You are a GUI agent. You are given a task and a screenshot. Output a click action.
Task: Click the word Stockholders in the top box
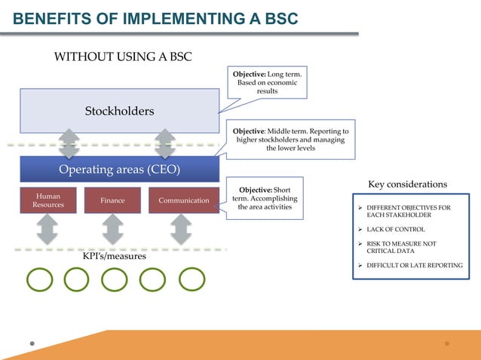(x=119, y=111)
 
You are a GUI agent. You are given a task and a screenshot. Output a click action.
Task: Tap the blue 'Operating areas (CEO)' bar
(x=119, y=169)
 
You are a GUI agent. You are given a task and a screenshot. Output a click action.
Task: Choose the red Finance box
(x=112, y=200)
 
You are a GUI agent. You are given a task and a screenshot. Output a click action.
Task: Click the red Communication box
(x=184, y=200)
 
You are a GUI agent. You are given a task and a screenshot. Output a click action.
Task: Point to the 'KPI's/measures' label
(x=115, y=257)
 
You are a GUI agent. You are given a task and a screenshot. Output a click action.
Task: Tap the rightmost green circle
(x=191, y=279)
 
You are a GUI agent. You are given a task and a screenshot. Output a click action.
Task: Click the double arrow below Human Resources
(x=47, y=229)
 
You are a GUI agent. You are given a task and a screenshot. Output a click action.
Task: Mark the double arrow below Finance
(x=112, y=229)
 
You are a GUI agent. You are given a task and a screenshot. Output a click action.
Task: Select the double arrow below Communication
(x=182, y=229)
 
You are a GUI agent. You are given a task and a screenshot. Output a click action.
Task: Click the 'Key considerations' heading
(x=407, y=185)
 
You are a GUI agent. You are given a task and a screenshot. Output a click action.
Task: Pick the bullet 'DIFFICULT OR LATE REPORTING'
(x=414, y=265)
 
